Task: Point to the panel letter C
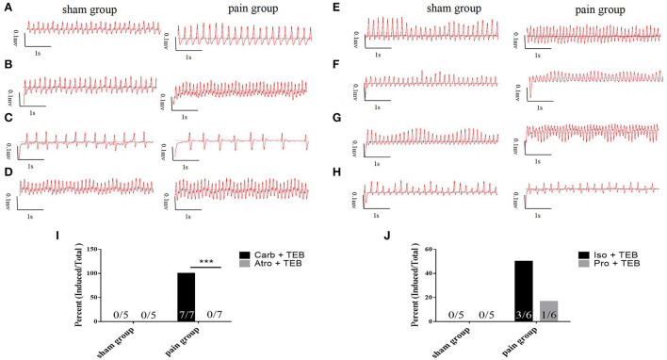click(8, 119)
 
